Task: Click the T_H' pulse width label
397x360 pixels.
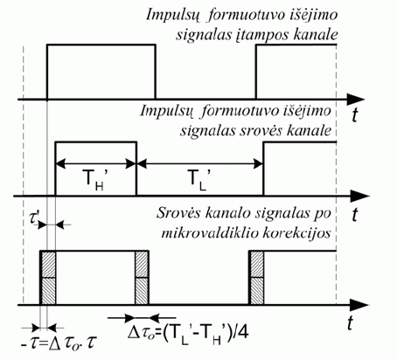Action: tap(95, 180)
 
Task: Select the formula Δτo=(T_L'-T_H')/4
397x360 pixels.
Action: tap(188, 333)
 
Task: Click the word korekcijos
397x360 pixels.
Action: tap(297, 233)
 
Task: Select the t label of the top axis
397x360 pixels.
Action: tap(354, 115)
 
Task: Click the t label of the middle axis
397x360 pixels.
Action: tap(355, 215)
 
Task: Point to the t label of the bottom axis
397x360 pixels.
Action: tap(350, 322)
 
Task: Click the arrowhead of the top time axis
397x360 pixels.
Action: tap(356, 100)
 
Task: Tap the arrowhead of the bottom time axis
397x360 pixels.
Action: tap(359, 305)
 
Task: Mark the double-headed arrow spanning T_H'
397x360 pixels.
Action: tap(95, 163)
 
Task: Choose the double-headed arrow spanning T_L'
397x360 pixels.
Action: tap(199, 163)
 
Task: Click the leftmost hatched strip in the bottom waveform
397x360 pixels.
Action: tap(48, 278)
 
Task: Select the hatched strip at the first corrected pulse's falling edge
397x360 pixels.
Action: tap(142, 278)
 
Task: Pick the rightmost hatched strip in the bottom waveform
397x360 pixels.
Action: tap(257, 278)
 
